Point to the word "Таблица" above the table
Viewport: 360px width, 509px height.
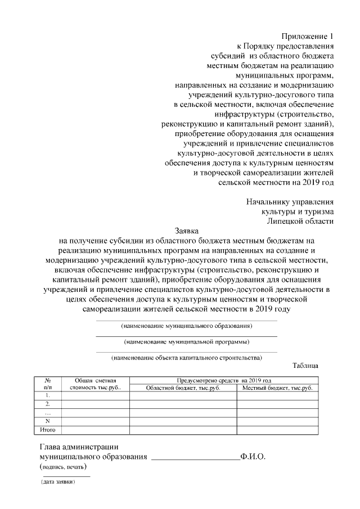point(305,366)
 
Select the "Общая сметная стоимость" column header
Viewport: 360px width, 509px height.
point(95,384)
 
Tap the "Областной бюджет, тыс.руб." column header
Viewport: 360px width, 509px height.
point(183,388)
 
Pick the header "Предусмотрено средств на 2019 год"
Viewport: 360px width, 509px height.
point(224,381)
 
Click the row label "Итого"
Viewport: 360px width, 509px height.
point(48,430)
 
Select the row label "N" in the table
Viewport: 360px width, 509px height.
point(48,421)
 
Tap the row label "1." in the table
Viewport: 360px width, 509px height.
point(48,395)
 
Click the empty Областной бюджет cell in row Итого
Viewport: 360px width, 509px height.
point(183,430)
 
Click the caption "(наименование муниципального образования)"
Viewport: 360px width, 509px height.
point(187,326)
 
